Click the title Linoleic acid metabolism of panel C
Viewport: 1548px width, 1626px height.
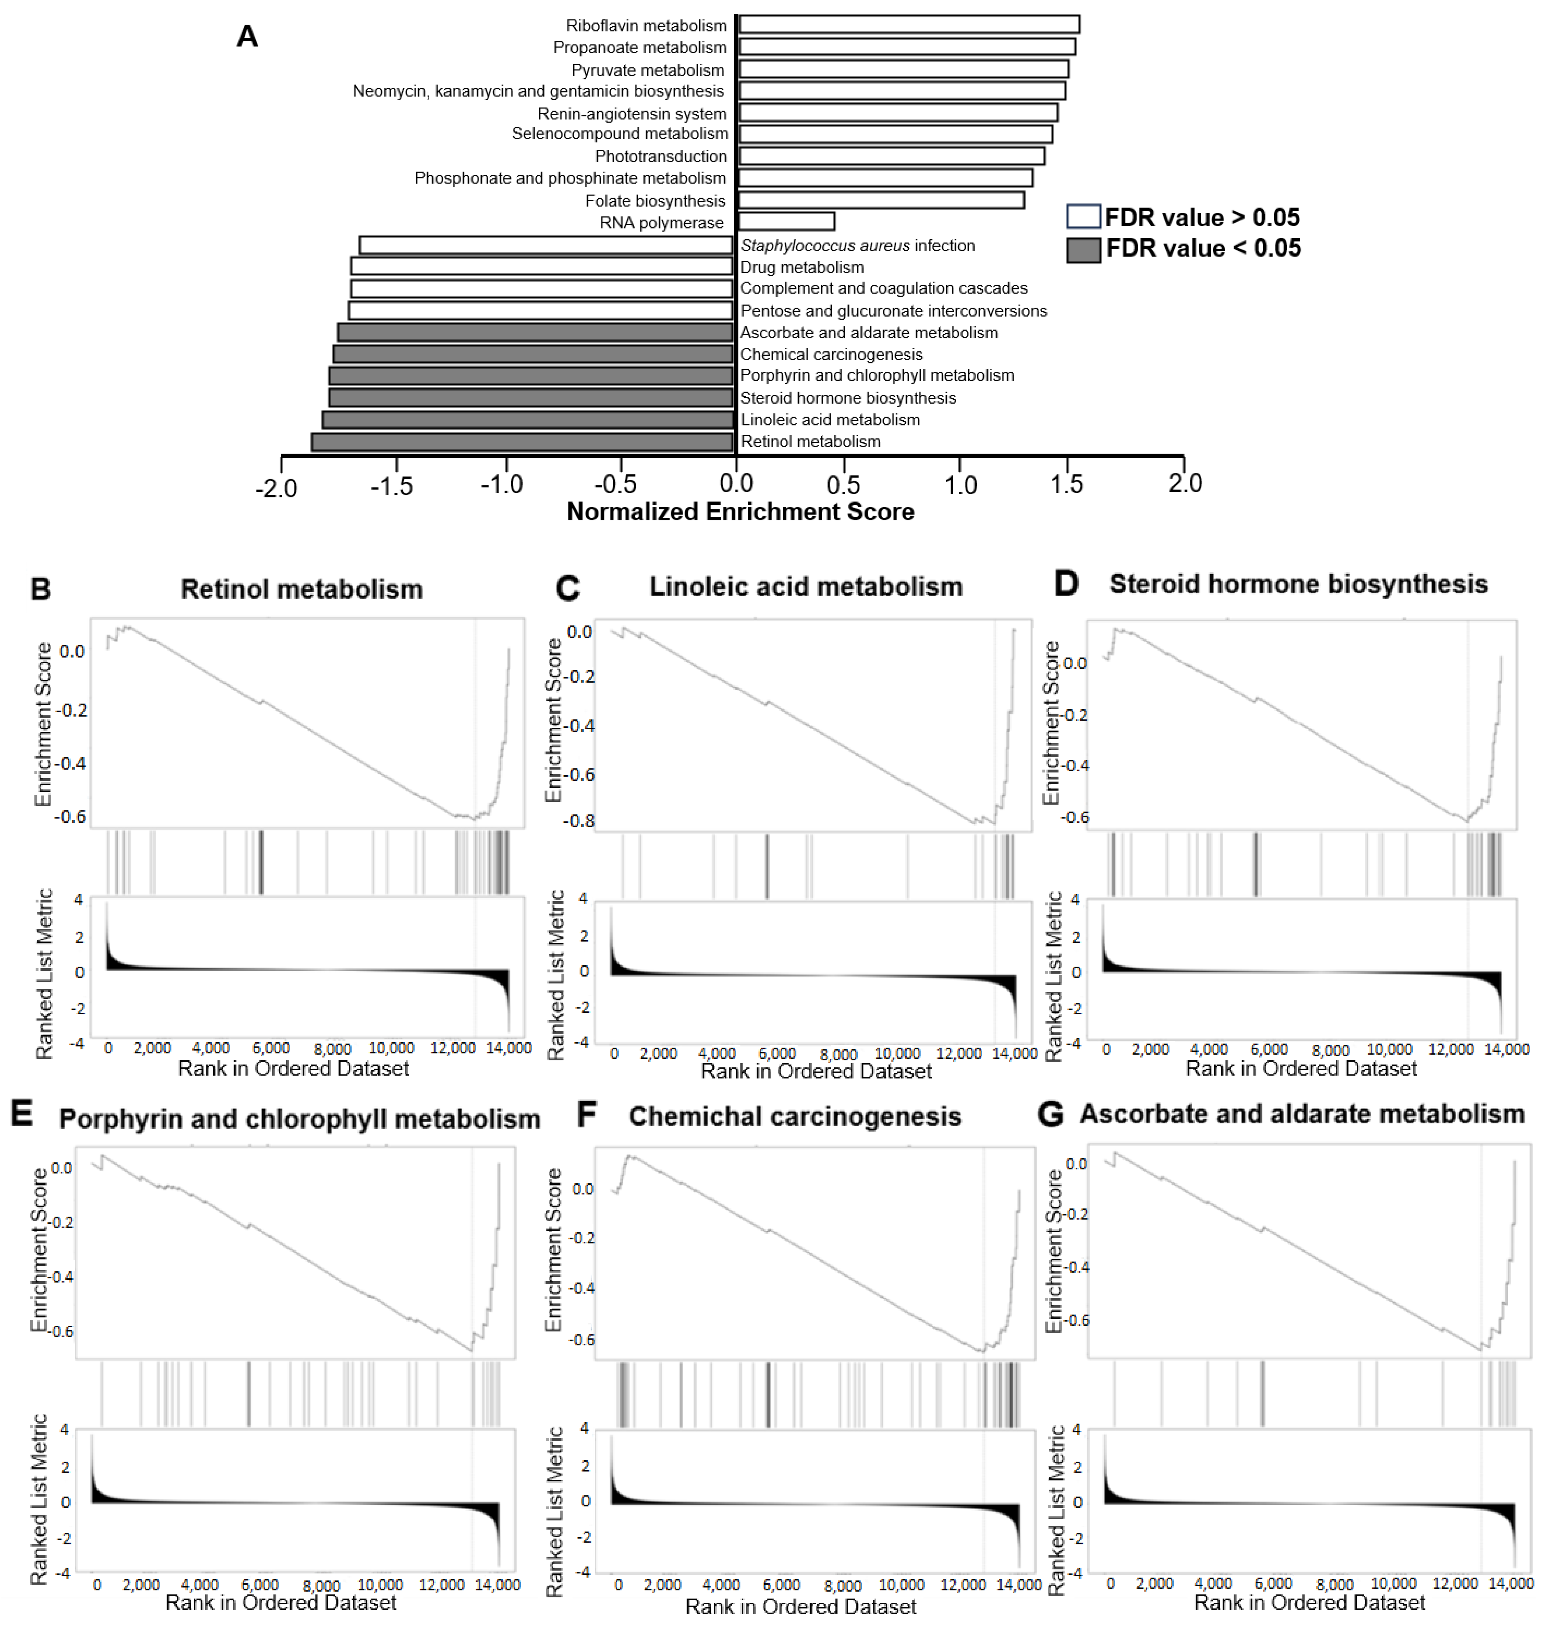[x=805, y=587]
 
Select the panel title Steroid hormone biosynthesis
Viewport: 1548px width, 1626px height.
[x=1298, y=584]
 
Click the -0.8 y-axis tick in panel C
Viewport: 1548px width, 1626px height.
[x=579, y=821]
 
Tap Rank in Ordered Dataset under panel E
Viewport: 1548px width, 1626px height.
[x=281, y=1602]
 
